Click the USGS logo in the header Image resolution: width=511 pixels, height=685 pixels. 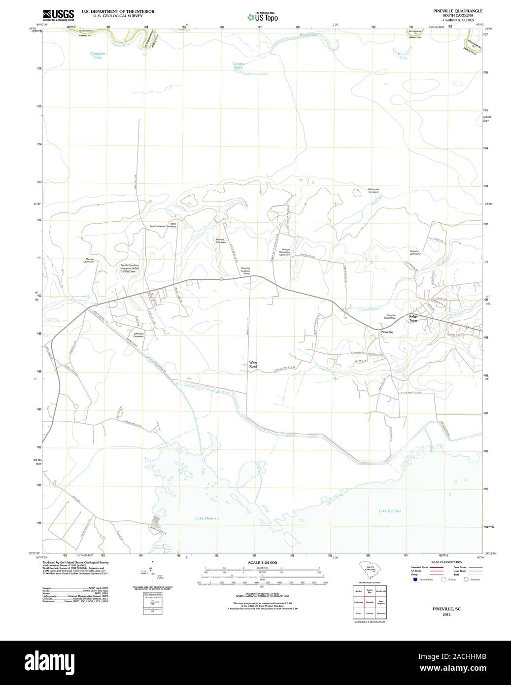point(59,14)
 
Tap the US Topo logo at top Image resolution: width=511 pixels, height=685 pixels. point(263,17)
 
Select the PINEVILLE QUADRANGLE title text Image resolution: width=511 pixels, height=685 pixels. point(450,10)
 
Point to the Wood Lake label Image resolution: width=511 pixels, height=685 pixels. point(309,35)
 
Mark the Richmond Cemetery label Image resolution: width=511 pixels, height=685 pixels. point(374,190)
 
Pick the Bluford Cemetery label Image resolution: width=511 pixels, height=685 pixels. point(221,240)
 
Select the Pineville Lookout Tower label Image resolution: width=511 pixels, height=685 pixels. point(245,271)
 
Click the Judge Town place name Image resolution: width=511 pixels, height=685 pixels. point(412,318)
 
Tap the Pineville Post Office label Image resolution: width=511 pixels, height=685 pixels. point(391,316)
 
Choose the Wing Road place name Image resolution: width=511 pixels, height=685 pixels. point(253,365)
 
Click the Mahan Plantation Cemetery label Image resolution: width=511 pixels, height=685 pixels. point(284,252)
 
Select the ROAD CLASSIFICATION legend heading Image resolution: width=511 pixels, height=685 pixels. point(446,562)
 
